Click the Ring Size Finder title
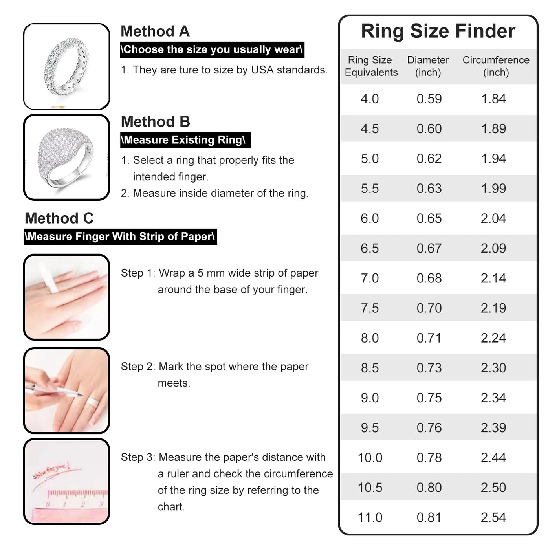pos(438,31)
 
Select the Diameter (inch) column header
pos(428,66)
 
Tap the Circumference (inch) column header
pos(496,66)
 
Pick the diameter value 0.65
pos(429,218)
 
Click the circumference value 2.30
pos(493,368)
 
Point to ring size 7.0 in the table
pos(370,278)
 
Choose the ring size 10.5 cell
pos(370,488)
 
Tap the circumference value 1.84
pos(493,99)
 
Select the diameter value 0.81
pos(429,517)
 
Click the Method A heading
pos(155,31)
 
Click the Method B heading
pos(156,122)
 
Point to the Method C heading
pos(59,218)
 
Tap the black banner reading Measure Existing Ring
pos(185,140)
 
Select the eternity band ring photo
pos(66,66)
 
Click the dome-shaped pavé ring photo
pos(66,157)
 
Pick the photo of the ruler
pos(66,482)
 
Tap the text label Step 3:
pos(138,457)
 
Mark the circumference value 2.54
pos(493,517)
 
